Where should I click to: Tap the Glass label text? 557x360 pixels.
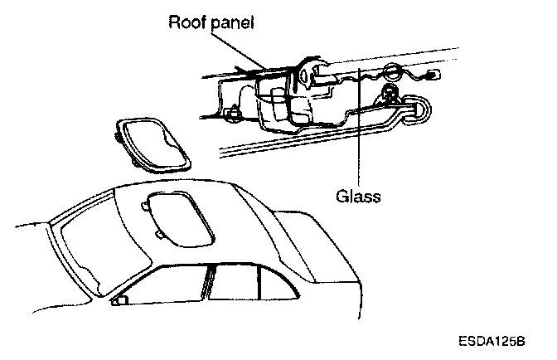357,197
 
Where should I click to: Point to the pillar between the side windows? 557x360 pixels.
208,281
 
